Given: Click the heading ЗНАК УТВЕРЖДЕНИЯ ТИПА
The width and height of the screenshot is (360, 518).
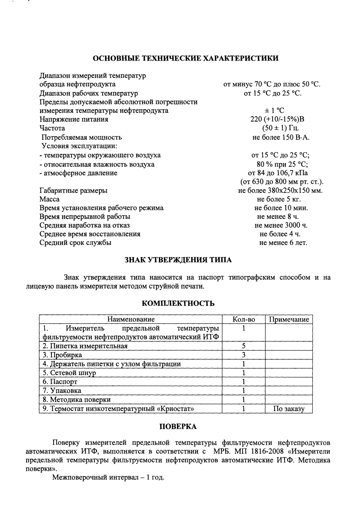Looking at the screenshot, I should (x=178, y=260).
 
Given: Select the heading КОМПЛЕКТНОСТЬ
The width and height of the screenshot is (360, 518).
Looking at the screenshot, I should (x=178, y=303).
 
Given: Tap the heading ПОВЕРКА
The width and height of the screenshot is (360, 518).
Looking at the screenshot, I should (x=178, y=427).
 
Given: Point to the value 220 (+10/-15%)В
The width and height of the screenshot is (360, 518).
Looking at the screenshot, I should (x=277, y=119).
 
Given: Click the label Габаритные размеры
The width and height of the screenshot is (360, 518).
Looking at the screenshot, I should (x=74, y=190).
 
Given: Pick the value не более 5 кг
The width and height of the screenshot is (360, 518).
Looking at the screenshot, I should (x=279, y=199).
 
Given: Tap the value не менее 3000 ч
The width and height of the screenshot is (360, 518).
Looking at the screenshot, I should (x=281, y=225).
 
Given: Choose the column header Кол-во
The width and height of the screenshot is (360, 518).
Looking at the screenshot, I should (x=244, y=319).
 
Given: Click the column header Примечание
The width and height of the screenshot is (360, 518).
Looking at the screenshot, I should (x=289, y=319).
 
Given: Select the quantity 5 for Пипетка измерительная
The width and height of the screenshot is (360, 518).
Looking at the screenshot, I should (x=244, y=346).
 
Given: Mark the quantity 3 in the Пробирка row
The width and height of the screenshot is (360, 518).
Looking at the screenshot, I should (x=244, y=355).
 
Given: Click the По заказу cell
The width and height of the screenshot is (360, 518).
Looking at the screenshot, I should (x=289, y=409).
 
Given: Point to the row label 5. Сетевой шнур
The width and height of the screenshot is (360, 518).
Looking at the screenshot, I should (x=69, y=373).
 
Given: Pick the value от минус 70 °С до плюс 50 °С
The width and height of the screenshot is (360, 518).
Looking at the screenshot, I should (x=272, y=84).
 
